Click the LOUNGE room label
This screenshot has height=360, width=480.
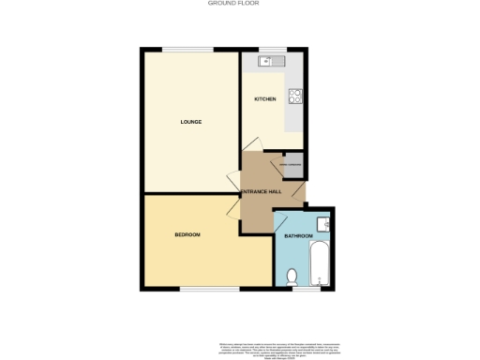coord(191,122)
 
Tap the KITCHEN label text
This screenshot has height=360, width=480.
coord(264,98)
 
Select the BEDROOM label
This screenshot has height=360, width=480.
coord(187,234)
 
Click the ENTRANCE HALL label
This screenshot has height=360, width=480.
coord(262,191)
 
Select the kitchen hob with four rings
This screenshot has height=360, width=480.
coord(296,94)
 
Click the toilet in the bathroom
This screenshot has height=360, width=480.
coord(292,276)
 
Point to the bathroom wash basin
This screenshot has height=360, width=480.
coord(322,223)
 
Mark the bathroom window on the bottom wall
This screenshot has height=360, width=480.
coord(307,289)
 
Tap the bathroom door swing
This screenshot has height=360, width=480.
coord(278,222)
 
